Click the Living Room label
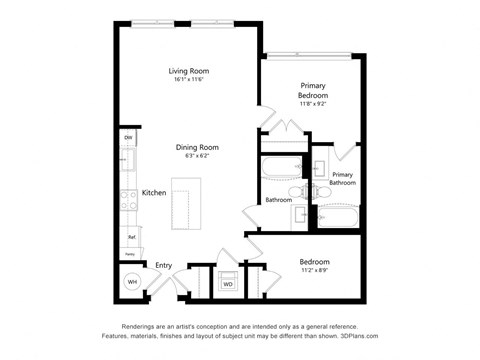187,70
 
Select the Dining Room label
197,147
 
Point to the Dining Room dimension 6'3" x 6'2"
197,156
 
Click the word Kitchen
153,192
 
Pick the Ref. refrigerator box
130,237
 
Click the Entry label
163,265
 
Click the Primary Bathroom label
343,178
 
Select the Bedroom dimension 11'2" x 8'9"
313,271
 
